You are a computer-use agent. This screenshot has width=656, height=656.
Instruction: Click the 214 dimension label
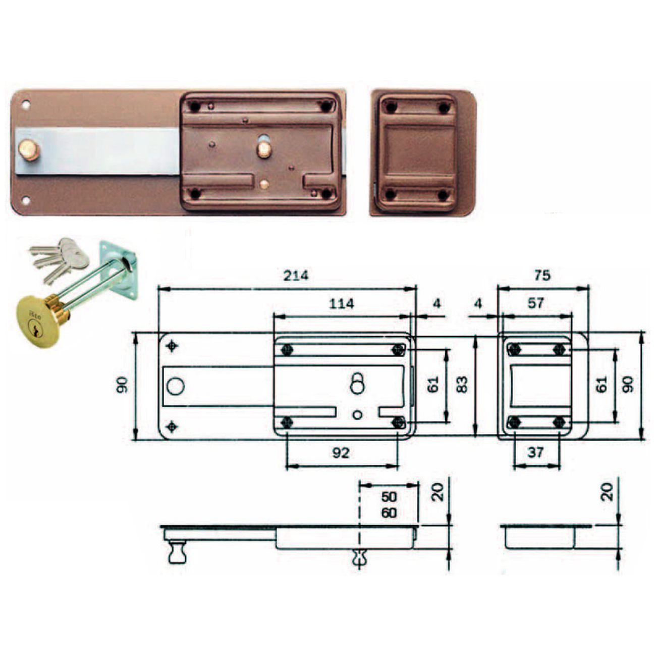296,275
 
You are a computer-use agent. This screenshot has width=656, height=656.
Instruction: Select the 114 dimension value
342,304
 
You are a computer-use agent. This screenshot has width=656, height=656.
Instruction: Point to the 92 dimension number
341,453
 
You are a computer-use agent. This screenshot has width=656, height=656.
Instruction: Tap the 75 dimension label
542,275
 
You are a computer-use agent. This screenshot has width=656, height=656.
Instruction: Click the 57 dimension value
536,303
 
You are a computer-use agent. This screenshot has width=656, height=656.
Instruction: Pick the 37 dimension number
535,453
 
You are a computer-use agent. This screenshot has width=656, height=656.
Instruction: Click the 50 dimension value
389,497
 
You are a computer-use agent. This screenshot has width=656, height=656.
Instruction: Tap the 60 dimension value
389,513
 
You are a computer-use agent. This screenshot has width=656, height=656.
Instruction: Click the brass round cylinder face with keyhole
38,322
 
